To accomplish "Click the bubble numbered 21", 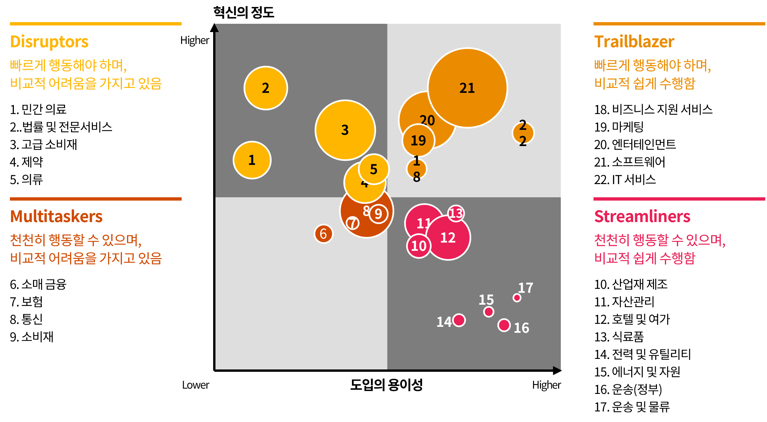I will point(467,88).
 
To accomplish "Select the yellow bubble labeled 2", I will point(266,88).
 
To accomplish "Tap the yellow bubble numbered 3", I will point(345,130).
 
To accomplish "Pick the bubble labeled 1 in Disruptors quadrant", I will point(252,160).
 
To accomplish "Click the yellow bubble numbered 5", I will point(374,169).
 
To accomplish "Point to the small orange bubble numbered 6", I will point(324,234).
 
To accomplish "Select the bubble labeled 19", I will point(418,141).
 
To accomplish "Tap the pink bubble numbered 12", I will point(448,238).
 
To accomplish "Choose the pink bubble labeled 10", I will point(419,246).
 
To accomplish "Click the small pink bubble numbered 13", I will point(456,213).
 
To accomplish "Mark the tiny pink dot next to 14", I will point(459,320).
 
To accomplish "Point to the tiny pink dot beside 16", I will point(504,325).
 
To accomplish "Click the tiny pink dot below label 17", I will point(517,298).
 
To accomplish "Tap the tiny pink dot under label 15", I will point(489,312).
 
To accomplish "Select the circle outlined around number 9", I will point(378,214).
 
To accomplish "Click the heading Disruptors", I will point(49,42).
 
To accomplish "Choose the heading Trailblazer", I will point(634,42).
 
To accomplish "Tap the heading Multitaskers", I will point(56,216).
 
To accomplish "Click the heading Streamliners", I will point(642,216).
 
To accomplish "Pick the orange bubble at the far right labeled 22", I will point(523,133).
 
